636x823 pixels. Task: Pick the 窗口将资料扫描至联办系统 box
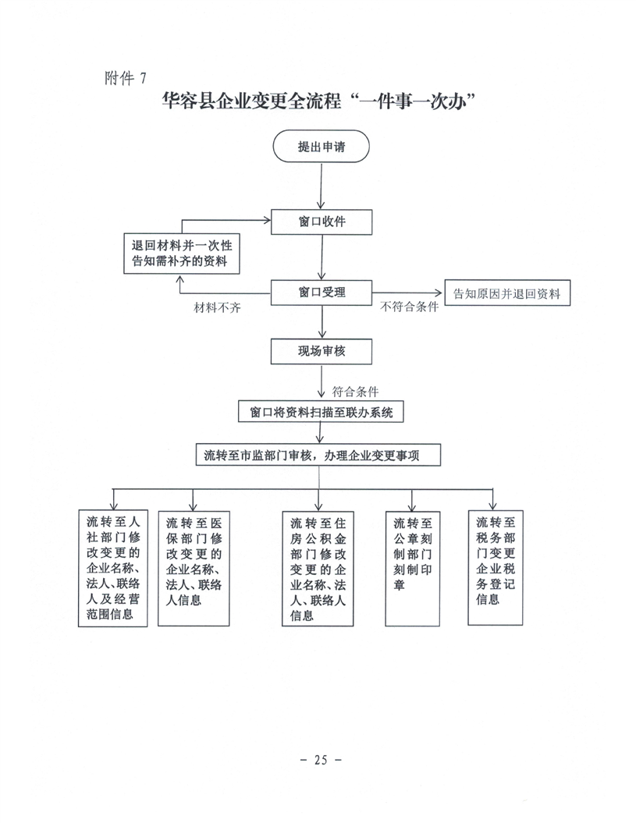[x=322, y=412]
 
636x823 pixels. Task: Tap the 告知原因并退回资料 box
[x=506, y=293]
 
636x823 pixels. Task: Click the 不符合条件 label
[x=409, y=307]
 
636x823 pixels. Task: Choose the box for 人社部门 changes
[x=114, y=567]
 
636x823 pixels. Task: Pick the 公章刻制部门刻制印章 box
[x=414, y=567]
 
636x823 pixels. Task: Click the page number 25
[x=318, y=759]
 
